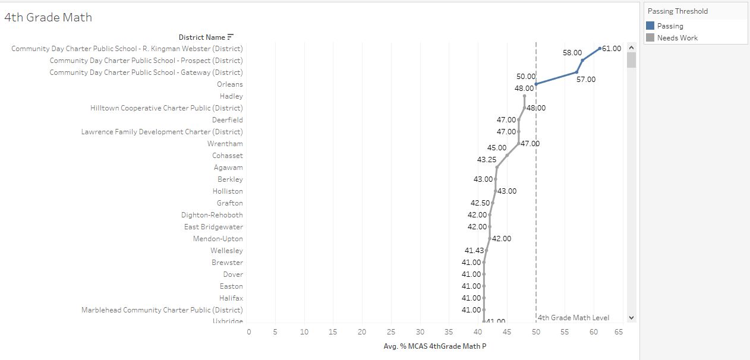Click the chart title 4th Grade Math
pos(48,18)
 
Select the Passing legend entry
pos(670,26)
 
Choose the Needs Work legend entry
pos(677,38)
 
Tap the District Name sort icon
pos(231,37)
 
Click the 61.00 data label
pos(612,49)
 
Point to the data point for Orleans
pos(536,84)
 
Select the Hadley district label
pos(231,96)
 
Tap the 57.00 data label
pos(585,80)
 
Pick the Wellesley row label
pos(226,251)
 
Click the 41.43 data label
pos(474,251)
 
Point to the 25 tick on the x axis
pos(391,332)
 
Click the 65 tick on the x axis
pos(619,332)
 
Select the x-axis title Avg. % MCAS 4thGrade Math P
pos(435,346)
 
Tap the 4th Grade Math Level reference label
pos(573,318)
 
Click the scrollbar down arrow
pos(631,318)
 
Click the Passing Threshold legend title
pos(677,11)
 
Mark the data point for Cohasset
pos(507,155)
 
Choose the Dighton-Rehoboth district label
pos(212,215)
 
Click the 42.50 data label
pos(480,203)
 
